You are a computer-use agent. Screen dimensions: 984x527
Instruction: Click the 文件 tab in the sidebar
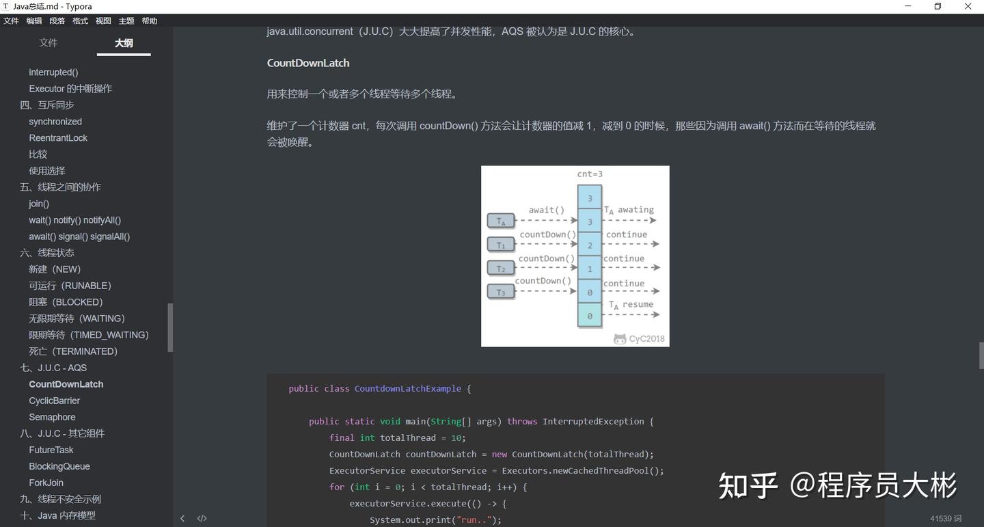pyautogui.click(x=48, y=42)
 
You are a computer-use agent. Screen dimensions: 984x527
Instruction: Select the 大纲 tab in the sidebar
pyautogui.click(x=124, y=43)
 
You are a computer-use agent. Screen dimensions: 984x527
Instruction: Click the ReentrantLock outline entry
pyautogui.click(x=58, y=138)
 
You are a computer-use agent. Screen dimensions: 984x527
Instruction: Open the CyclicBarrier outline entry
pyautogui.click(x=54, y=401)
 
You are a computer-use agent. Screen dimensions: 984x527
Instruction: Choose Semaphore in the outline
pyautogui.click(x=52, y=417)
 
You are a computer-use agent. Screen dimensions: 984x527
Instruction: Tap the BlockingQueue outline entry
pyautogui.click(x=59, y=466)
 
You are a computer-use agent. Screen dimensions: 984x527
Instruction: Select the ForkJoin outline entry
pyautogui.click(x=46, y=483)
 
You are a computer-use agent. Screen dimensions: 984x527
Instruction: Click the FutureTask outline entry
pyautogui.click(x=51, y=450)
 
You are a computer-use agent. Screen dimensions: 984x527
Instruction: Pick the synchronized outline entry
pyautogui.click(x=55, y=122)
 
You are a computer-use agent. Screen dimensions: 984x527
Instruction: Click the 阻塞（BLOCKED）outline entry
pyautogui.click(x=66, y=302)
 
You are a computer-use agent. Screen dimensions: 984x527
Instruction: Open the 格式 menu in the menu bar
pyautogui.click(x=80, y=21)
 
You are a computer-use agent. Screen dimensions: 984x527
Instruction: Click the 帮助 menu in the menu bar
pyautogui.click(x=150, y=21)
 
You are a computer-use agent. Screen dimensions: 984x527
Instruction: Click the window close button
pyautogui.click(x=968, y=6)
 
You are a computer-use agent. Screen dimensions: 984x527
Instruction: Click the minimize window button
pyautogui.click(x=908, y=6)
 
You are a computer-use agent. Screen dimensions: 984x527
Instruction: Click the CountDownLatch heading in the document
pyautogui.click(x=308, y=63)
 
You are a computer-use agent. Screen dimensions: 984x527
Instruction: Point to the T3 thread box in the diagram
pyautogui.click(x=501, y=293)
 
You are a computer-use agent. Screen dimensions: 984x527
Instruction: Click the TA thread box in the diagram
pyautogui.click(x=501, y=221)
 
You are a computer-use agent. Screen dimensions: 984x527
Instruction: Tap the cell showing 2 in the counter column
pyautogui.click(x=590, y=245)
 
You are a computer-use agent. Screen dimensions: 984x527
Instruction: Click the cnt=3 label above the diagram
pyautogui.click(x=590, y=174)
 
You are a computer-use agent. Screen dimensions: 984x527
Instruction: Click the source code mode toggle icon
pyautogui.click(x=202, y=518)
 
